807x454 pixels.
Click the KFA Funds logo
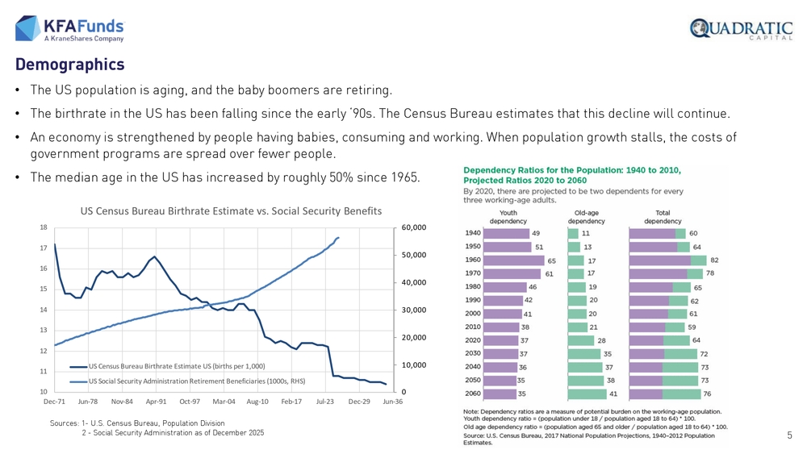point(70,28)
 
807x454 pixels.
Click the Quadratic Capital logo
point(740,30)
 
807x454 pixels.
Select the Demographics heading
point(69,65)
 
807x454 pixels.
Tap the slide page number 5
point(789,435)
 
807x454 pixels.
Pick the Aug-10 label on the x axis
point(257,402)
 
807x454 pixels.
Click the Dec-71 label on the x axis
point(54,402)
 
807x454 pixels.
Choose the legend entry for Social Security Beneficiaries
point(196,381)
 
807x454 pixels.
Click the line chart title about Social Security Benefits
point(231,211)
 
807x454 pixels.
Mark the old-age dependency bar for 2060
point(587,394)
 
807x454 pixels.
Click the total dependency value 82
point(714,260)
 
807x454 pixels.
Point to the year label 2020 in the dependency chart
point(473,340)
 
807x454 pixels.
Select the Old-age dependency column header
point(587,217)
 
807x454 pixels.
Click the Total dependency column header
point(663,217)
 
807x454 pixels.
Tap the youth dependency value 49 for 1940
point(535,234)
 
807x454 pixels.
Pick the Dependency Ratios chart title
point(572,175)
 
